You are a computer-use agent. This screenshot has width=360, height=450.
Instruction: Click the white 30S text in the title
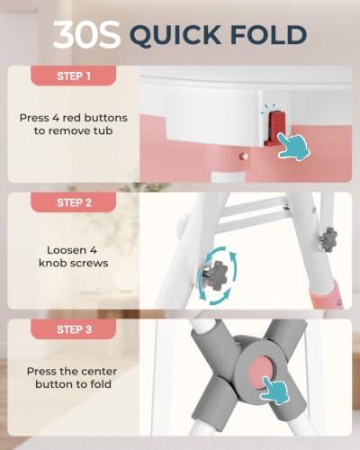86,34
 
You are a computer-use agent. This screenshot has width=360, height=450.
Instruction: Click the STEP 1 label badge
74,76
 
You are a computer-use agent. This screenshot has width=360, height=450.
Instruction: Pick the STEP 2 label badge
74,202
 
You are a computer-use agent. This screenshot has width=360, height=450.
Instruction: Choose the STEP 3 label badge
74,329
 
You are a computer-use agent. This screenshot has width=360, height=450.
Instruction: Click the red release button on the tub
274,129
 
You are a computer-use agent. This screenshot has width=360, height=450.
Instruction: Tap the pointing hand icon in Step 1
293,146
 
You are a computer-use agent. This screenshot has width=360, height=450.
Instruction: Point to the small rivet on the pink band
243,156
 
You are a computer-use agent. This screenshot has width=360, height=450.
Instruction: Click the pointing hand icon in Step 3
274,390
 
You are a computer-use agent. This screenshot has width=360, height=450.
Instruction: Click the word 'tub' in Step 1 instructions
103,130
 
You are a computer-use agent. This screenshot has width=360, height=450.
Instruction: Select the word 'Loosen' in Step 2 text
65,250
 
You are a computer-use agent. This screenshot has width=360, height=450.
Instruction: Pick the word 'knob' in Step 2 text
53,263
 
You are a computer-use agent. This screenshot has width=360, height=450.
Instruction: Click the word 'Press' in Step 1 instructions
34,118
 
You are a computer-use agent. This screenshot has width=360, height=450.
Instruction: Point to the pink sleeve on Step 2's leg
327,295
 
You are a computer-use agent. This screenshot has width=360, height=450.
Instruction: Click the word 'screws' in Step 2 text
89,264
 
